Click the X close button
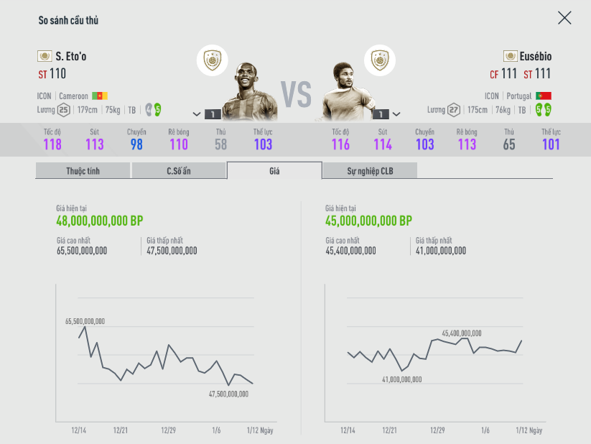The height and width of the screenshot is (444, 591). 564,18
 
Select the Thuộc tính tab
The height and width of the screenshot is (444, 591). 83,170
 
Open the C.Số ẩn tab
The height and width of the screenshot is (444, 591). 178,170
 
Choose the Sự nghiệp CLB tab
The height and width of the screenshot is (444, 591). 370,170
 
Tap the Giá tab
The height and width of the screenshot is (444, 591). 274,170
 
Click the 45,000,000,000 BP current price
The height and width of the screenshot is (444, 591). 368,221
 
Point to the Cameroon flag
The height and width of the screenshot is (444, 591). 99,96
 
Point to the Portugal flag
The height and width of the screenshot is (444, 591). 544,96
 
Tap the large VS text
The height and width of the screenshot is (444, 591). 295,94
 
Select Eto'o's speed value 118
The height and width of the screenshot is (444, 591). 52,144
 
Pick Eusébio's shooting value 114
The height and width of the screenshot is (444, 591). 383,144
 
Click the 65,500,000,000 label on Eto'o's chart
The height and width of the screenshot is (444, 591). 85,321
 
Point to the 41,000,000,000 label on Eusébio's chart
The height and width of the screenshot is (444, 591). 402,379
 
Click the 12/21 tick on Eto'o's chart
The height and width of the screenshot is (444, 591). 121,430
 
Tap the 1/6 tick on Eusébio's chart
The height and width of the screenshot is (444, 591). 485,430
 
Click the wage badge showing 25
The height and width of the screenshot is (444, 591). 64,110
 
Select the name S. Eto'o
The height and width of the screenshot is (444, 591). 70,56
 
